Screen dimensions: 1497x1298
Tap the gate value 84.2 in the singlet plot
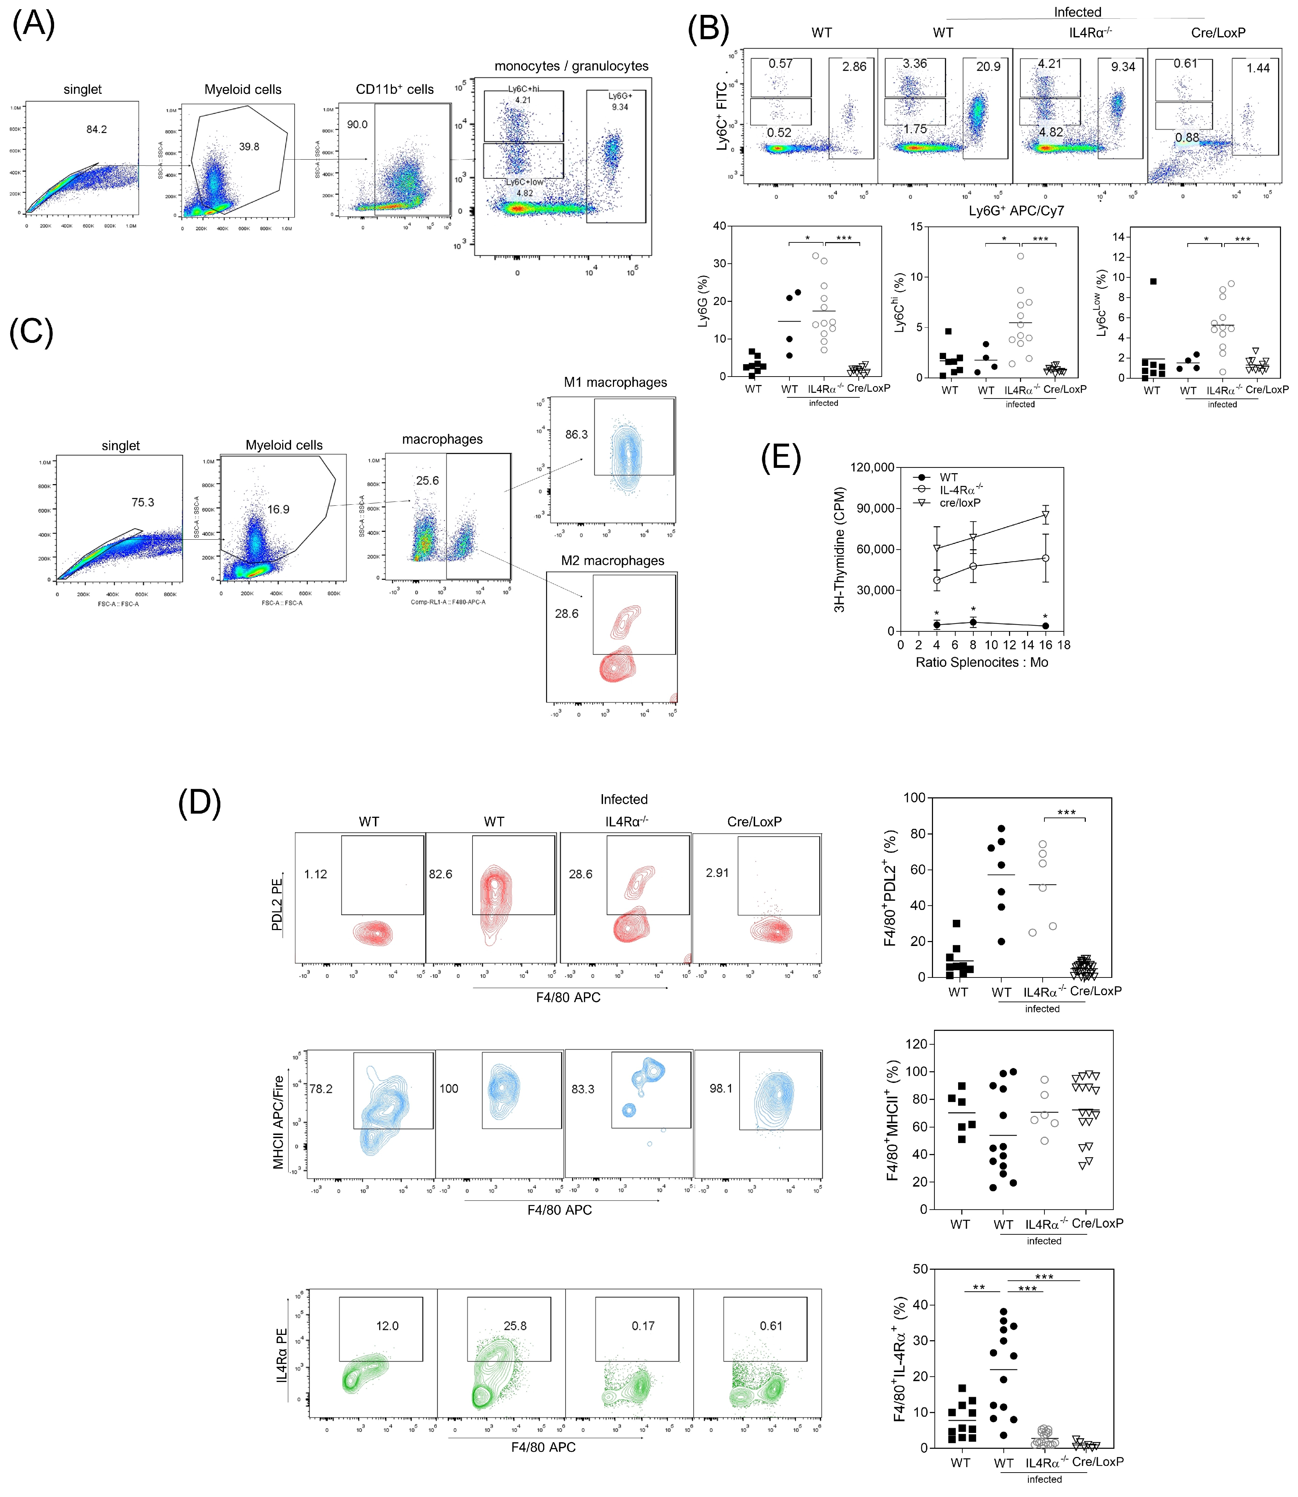[x=96, y=130]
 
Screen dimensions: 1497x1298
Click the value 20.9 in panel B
[x=988, y=67]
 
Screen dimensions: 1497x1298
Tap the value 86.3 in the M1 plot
[x=576, y=435]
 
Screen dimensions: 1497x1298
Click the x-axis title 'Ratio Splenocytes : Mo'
[x=981, y=662]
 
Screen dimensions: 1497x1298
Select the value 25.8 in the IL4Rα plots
[x=515, y=1326]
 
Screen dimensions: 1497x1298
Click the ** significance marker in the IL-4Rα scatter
[x=979, y=1287]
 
